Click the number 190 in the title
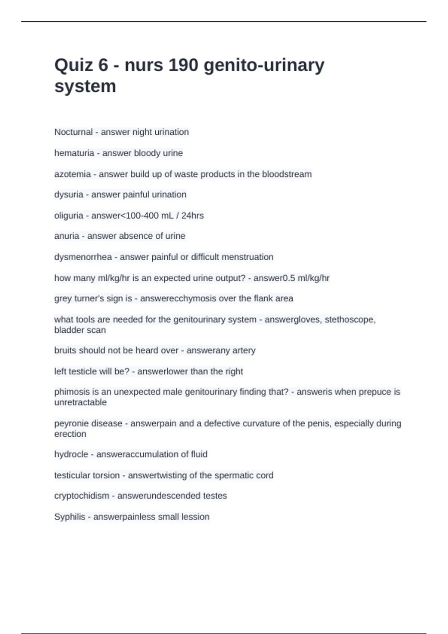[183, 65]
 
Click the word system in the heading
[85, 87]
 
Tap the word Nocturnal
[73, 132]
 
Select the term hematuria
[74, 153]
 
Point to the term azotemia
[72, 174]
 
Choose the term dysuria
[69, 195]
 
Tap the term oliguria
[69, 216]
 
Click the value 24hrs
[192, 216]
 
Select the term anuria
[66, 236]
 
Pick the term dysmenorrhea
[83, 257]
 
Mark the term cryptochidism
[82, 496]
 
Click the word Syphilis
[69, 517]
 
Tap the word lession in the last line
[196, 517]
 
